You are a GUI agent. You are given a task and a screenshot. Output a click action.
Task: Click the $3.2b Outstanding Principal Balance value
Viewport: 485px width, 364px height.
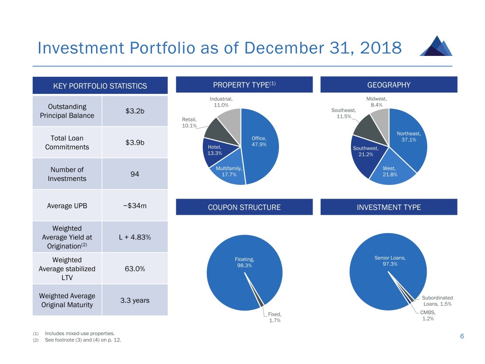tap(135, 111)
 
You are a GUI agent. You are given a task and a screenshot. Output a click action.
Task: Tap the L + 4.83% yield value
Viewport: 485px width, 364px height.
tap(135, 237)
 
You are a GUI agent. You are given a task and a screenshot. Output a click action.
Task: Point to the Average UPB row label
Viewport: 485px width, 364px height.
tap(67, 206)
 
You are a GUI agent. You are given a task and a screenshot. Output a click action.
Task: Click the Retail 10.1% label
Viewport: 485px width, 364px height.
tap(189, 123)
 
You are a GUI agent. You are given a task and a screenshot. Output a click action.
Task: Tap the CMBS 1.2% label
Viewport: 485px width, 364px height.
tap(427, 316)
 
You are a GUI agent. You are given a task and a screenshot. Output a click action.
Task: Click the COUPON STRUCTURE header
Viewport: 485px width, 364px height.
tap(244, 207)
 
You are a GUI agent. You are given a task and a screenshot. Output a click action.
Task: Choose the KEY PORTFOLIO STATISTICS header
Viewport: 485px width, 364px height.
tap(100, 86)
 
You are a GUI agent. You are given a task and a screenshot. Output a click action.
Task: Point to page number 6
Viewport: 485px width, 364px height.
tap(461, 336)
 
